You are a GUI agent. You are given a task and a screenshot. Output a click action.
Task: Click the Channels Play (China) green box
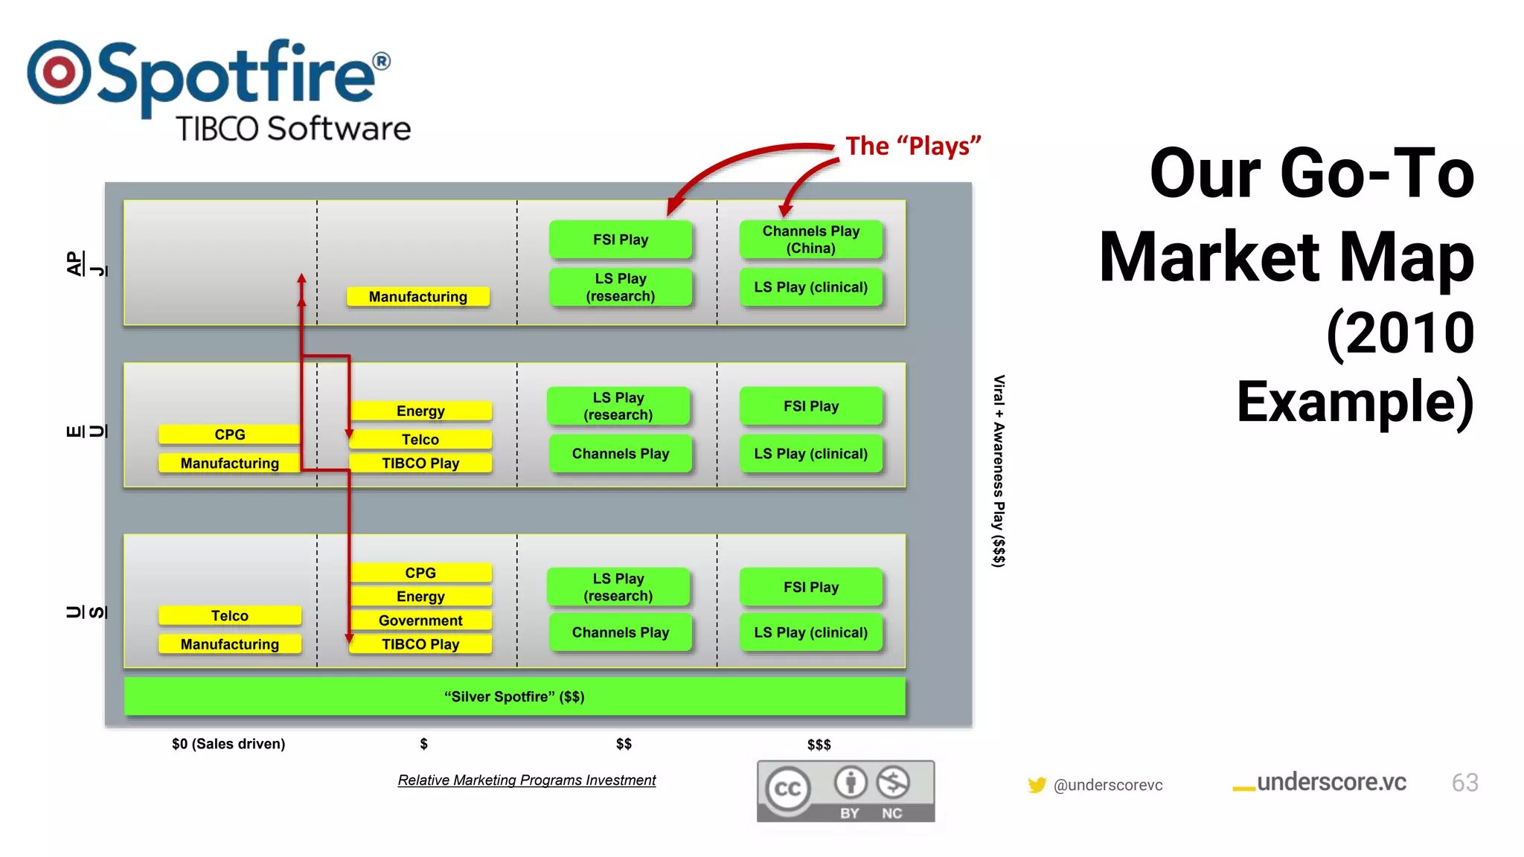click(810, 240)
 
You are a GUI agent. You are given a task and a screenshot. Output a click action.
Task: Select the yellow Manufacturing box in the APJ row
click(418, 297)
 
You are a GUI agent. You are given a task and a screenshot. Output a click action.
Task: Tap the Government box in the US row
click(420, 620)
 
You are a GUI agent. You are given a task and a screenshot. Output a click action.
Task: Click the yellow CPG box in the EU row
click(229, 434)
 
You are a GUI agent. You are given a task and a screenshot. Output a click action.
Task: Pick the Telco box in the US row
click(229, 616)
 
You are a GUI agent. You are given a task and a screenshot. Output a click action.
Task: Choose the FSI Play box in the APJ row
click(620, 240)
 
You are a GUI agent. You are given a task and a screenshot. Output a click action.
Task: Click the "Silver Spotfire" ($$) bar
click(514, 697)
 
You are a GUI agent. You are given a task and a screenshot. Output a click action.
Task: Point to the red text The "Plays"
click(913, 146)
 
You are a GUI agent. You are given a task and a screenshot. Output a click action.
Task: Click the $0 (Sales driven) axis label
click(228, 744)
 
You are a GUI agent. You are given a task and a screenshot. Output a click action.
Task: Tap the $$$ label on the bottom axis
click(819, 745)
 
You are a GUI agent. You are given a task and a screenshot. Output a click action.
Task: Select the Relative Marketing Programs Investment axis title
click(526, 780)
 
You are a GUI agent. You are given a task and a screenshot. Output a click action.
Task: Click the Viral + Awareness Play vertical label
click(999, 471)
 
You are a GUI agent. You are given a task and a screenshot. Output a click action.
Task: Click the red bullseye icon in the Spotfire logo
click(59, 72)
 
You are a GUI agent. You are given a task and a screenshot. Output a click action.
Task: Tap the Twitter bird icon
click(1037, 785)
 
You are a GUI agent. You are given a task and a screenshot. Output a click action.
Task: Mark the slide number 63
click(1464, 783)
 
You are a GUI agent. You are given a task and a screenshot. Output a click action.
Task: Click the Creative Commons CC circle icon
click(788, 789)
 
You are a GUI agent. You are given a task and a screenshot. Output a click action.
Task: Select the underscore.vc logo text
click(1331, 783)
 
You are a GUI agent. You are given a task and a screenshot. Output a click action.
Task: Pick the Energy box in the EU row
click(420, 411)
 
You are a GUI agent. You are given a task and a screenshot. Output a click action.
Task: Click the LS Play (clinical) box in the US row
click(810, 632)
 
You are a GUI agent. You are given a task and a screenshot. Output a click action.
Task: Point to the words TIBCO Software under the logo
click(293, 129)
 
